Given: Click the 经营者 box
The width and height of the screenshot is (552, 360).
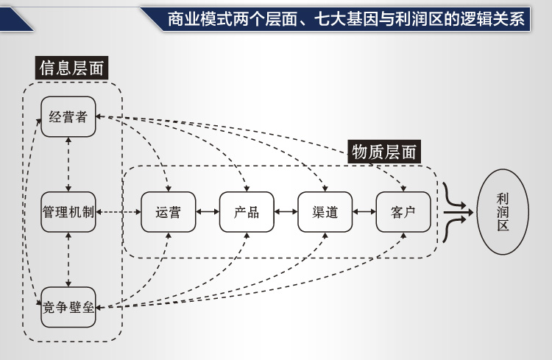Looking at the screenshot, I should [68, 116].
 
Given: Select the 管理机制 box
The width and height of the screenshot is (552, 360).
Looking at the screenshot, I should [68, 212].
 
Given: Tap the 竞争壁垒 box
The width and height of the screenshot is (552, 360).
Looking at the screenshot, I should [68, 307].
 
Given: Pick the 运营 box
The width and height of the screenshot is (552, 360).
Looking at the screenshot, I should [168, 212].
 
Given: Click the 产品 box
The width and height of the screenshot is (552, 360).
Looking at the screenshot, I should [246, 212].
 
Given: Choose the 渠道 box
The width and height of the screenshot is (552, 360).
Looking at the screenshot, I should [324, 212].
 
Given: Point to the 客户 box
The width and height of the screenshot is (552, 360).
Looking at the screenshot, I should [403, 212].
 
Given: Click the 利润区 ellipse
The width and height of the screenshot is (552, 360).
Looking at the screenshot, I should [503, 212].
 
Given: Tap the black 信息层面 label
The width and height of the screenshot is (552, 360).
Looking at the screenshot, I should [71, 68].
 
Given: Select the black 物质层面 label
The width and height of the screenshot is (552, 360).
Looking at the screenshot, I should [383, 152].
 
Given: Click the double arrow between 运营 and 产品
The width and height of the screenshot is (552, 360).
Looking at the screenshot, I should [207, 212].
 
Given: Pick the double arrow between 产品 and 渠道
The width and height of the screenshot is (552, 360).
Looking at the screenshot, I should [285, 212].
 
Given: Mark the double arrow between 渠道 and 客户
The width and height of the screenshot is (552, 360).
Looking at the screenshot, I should [364, 212].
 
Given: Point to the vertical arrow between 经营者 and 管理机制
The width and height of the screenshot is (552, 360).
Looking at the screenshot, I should [68, 164].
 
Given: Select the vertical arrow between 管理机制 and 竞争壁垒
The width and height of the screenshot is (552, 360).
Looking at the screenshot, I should [68, 259].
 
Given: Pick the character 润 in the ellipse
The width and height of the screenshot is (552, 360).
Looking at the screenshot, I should [503, 212].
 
